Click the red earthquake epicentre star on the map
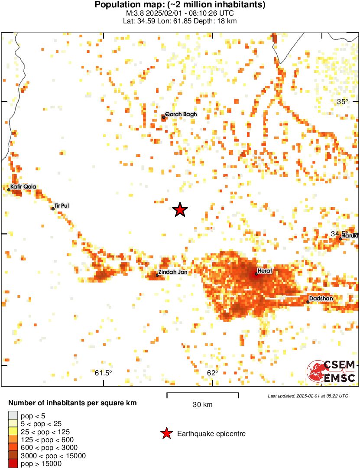coord(180,210)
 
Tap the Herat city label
coord(265,271)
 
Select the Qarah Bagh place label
coord(181,114)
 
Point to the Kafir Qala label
coord(24,187)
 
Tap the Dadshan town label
coord(321,299)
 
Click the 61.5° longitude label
coord(104,373)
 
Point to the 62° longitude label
coord(212,373)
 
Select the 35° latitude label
coord(342,102)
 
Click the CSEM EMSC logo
coord(331,372)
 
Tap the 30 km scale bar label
coord(202,405)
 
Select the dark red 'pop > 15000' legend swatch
coord(13,464)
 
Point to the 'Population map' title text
coord(180,5)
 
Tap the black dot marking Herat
coord(256,274)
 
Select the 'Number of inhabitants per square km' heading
coord(72,403)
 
